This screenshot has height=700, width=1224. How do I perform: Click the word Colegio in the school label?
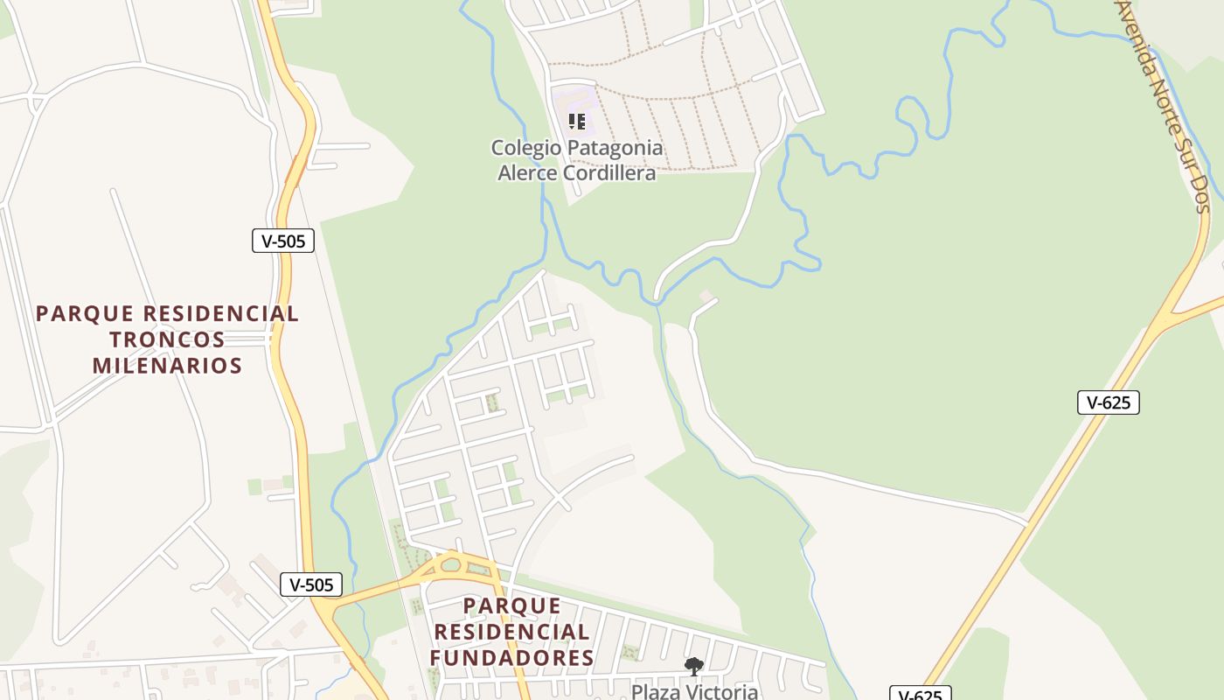pos(522,148)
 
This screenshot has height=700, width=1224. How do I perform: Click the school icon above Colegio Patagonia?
pos(576,121)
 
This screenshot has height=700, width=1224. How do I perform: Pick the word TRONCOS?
pos(168,339)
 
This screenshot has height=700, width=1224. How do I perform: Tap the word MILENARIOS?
pos(168,366)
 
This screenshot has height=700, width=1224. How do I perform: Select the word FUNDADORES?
pos(512,658)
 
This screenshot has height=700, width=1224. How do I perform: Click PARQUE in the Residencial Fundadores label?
pos(512,605)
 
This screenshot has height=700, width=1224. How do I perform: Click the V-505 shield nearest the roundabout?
pos(311,584)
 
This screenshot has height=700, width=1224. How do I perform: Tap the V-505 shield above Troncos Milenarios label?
pos(283,241)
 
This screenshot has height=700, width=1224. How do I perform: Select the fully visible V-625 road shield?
pos(1109,402)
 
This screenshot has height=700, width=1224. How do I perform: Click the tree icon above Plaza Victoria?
pos(694,667)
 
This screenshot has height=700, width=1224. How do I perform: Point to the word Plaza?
pos(656,692)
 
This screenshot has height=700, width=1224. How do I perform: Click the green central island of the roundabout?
pos(451,564)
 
